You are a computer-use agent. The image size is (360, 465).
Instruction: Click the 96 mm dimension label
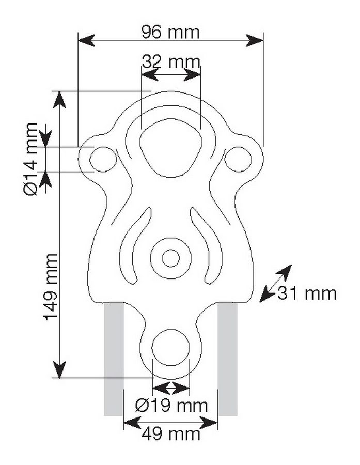pos(170,32)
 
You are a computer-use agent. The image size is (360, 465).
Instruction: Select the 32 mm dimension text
pos(171,61)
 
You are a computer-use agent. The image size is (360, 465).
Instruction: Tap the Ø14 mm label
pos(30,159)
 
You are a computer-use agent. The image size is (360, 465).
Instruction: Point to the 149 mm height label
pos(51,287)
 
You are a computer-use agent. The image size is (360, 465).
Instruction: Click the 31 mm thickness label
pos(307,293)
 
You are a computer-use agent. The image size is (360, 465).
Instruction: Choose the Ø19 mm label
pos(171,406)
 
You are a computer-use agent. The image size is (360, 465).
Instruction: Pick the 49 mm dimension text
pos(171,435)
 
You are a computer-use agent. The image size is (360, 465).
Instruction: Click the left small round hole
pos(103,159)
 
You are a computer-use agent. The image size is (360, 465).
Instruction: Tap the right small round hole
pos(238,159)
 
